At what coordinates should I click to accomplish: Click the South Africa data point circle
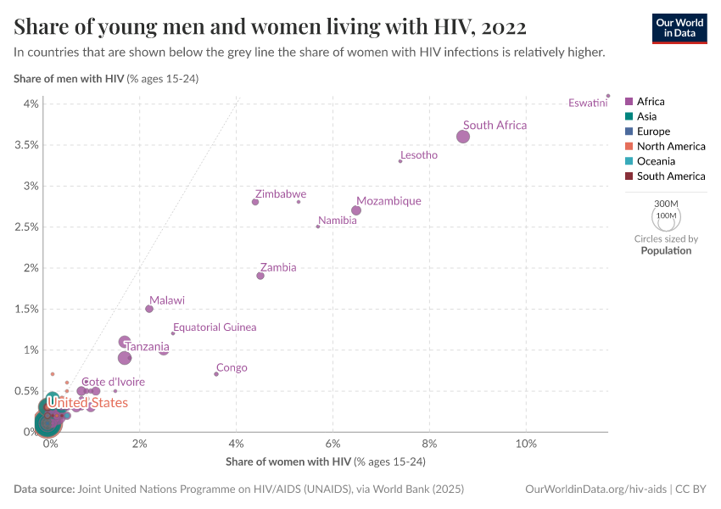point(463,137)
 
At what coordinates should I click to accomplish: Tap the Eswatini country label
point(588,103)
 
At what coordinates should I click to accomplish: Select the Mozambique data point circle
point(356,210)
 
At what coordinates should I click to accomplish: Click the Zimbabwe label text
point(280,194)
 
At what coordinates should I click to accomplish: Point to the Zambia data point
point(260,276)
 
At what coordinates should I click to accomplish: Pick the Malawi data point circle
point(149,309)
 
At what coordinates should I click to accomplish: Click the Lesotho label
point(419,155)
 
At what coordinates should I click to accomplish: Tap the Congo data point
point(216,374)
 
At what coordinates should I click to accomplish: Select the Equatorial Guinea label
point(215,327)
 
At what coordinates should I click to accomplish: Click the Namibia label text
point(337,221)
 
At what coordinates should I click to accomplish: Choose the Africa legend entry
point(651,102)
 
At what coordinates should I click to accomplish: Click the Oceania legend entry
point(656,161)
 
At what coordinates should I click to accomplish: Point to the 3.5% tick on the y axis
point(26,145)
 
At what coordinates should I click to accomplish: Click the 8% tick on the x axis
point(429,445)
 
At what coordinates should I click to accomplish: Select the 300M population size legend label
point(667,204)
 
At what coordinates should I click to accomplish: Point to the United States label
point(87,403)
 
